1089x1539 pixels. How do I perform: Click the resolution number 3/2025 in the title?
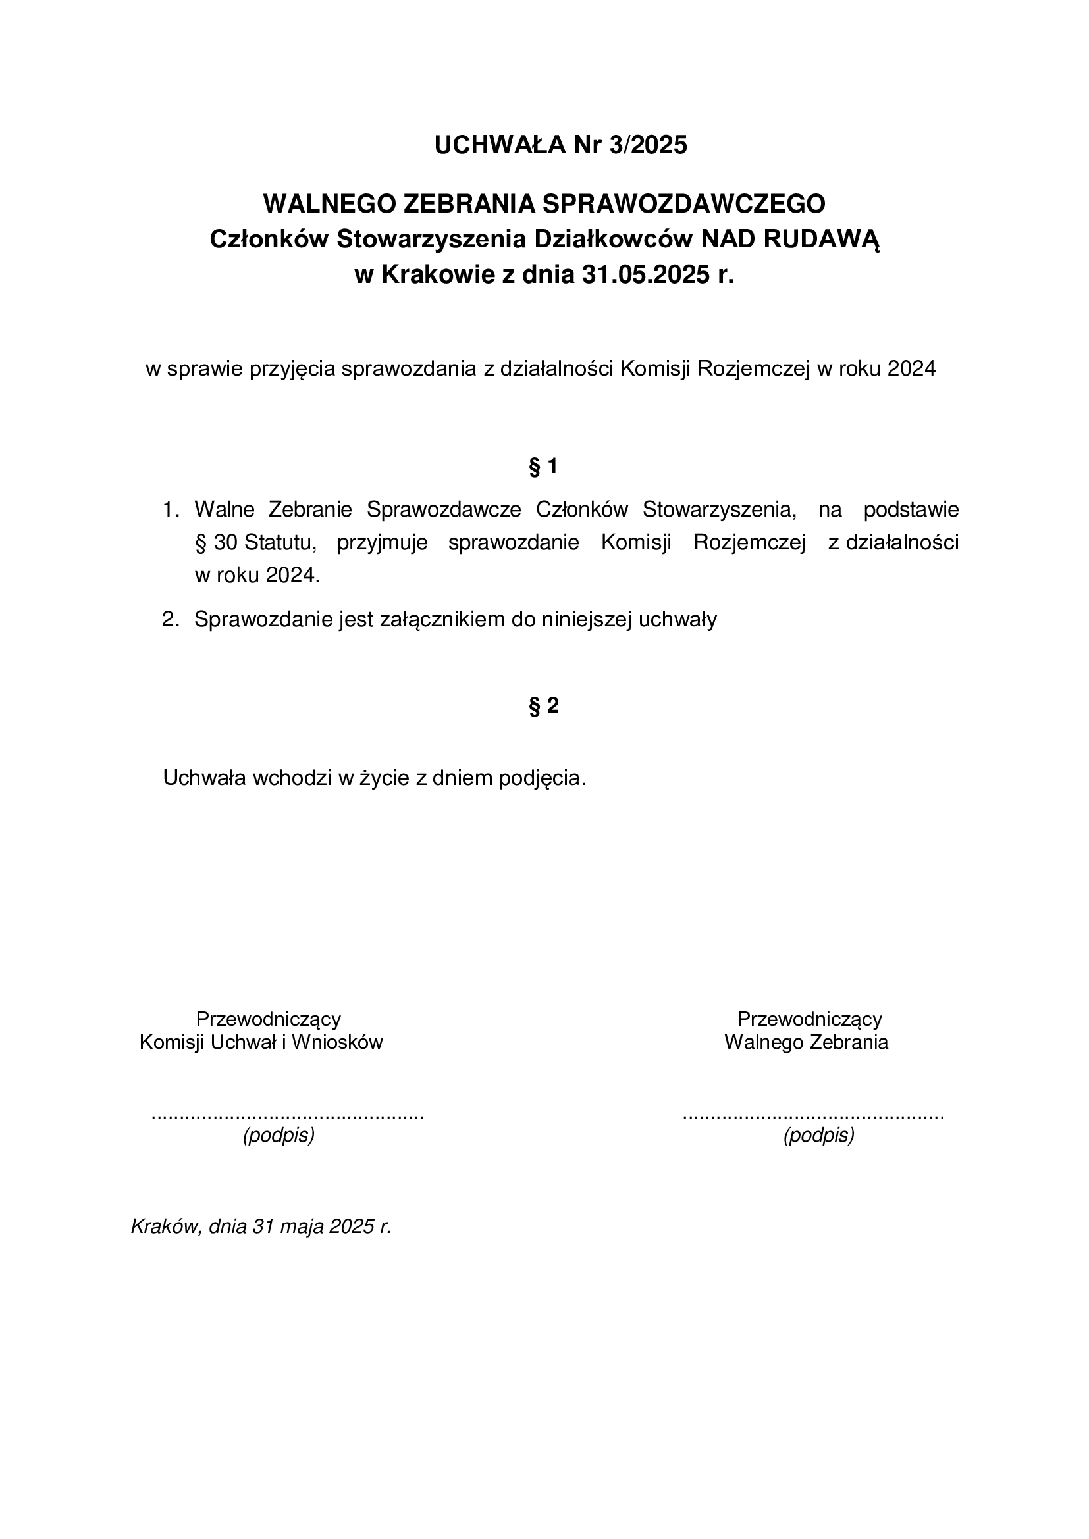[648, 145]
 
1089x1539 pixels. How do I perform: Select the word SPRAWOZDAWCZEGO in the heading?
[683, 204]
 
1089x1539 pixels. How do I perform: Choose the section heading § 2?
[544, 706]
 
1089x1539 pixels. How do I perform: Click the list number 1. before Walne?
[171, 510]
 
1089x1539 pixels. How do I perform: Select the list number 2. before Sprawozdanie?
[171, 619]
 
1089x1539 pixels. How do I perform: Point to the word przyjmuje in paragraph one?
[383, 543]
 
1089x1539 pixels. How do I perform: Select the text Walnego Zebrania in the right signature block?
[806, 1042]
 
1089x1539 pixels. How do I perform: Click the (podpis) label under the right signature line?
[819, 1136]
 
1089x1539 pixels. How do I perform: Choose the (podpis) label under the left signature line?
[279, 1136]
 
